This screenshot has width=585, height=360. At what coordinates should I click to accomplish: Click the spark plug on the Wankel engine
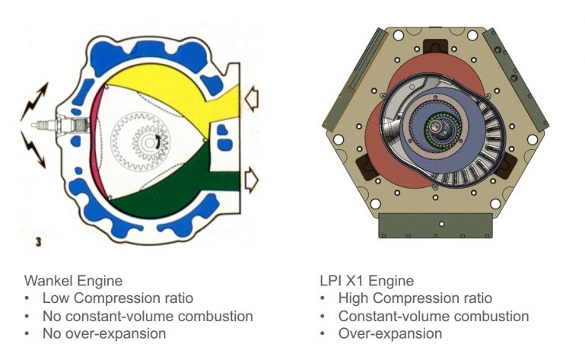pos(59,125)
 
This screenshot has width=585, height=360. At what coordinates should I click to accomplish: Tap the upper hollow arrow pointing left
pos(252,99)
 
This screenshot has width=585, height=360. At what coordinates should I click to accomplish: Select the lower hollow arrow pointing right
pos(252,180)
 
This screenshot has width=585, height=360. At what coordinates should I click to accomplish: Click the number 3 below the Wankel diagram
pos(38,242)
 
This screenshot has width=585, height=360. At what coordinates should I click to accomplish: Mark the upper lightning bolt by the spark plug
pos(34,101)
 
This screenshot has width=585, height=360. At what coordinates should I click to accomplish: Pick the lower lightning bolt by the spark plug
pos(34,149)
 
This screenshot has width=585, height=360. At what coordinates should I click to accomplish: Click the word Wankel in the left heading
pos(49,281)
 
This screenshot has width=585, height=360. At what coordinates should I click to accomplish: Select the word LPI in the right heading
pos(329,281)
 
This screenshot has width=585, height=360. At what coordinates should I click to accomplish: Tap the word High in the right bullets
pos(354,298)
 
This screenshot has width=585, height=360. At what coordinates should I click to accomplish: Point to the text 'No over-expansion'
pos(104,333)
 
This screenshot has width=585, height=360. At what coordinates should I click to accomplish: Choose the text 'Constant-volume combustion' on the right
pos(434,317)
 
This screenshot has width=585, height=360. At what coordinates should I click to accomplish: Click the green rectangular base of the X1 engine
pos(435,225)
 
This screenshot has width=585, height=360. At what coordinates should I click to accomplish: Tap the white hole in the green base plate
pos(441,224)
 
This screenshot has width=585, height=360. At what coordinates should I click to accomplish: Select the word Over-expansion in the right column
pos(390,333)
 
